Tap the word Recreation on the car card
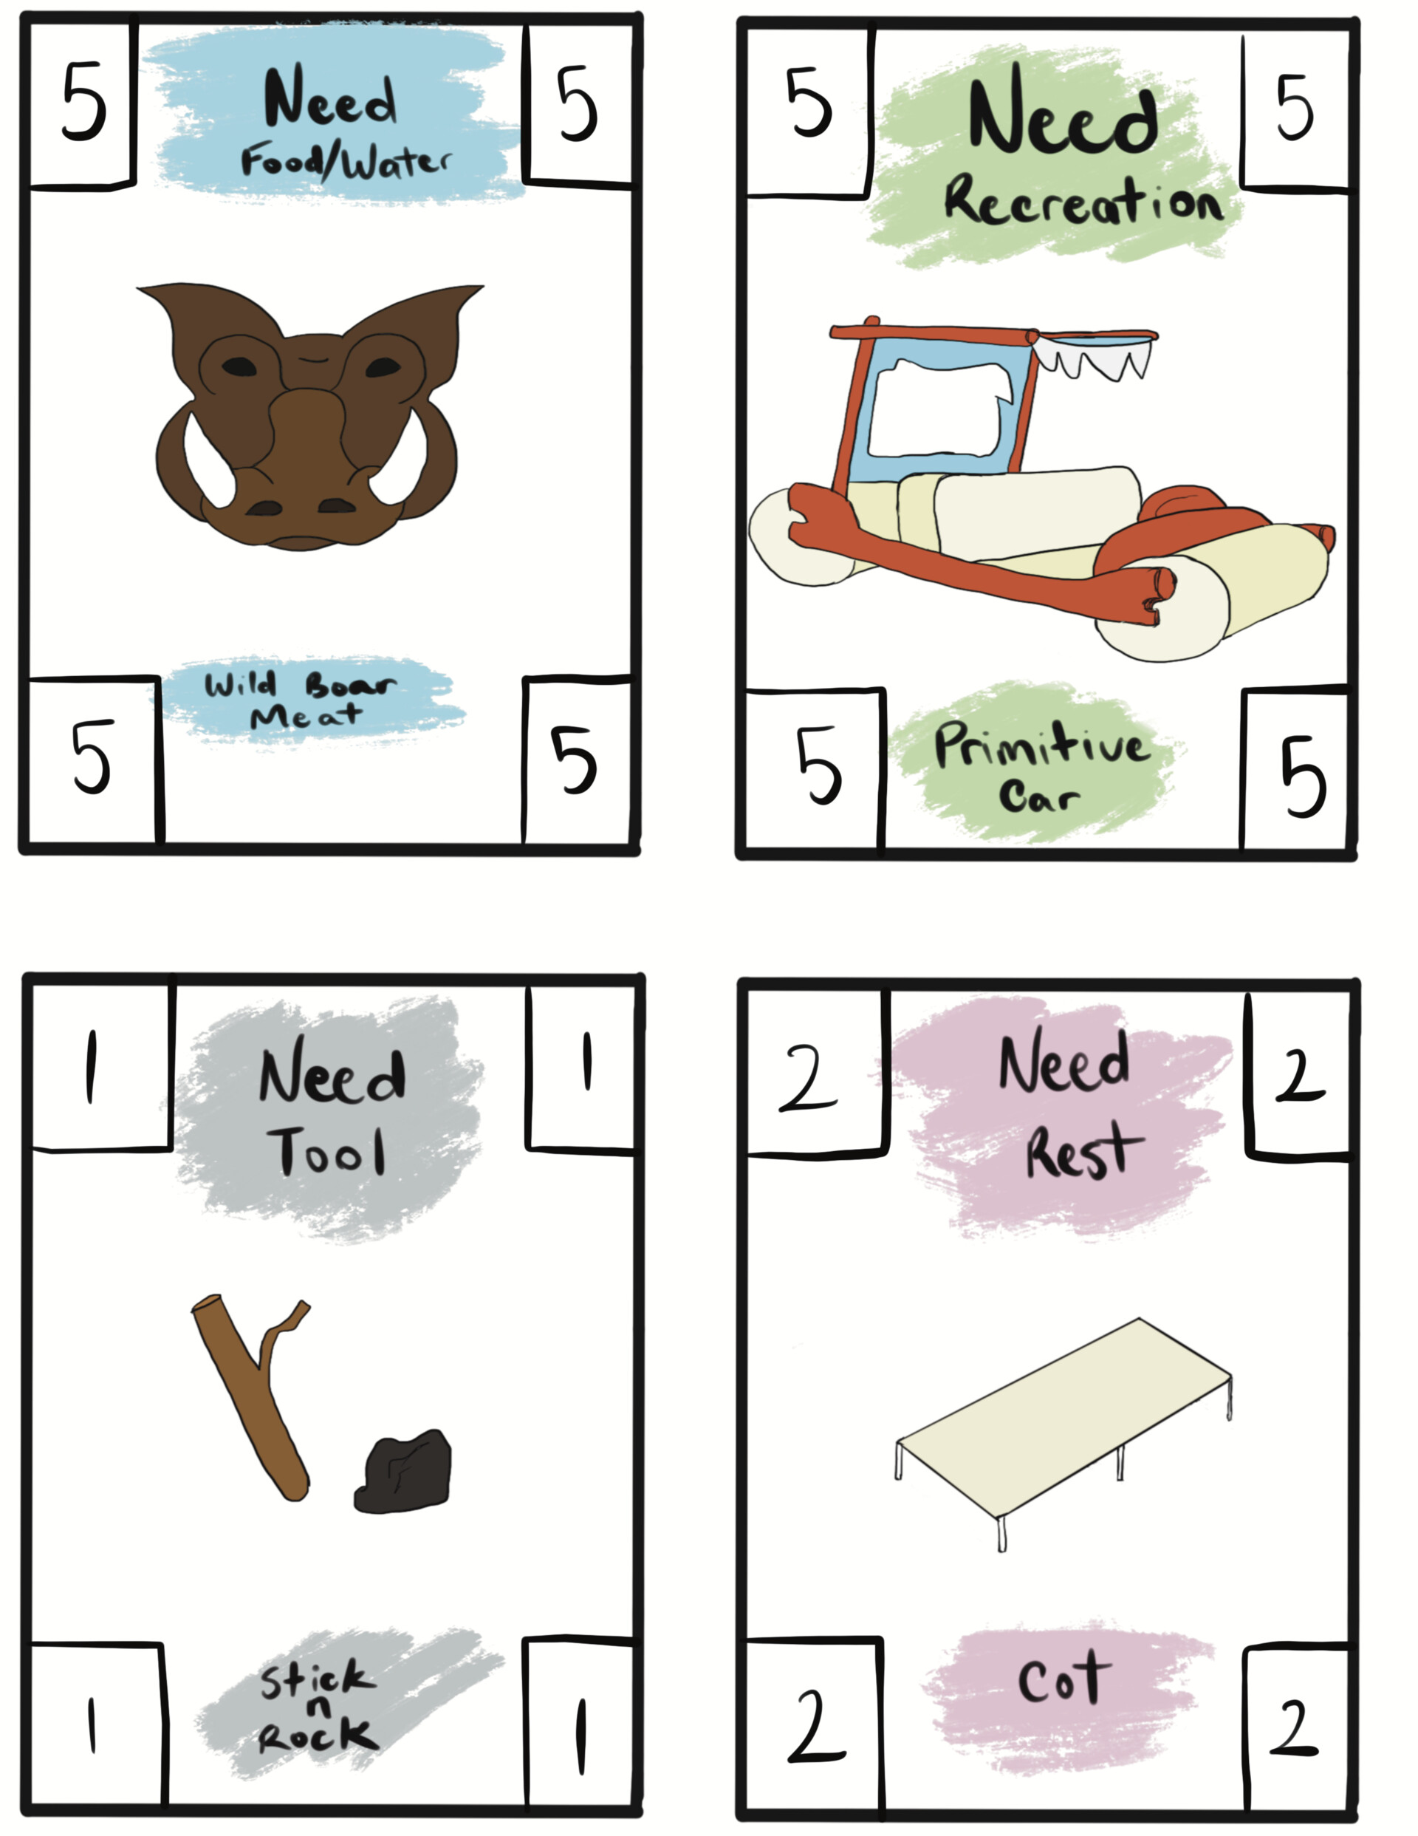pos(1083,201)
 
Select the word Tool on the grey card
pos(327,1150)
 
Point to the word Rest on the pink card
pos(1083,1149)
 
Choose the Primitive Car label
pos(1041,768)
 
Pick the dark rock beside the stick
pos(403,1470)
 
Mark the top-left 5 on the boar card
pos(83,102)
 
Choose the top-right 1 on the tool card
pos(586,1060)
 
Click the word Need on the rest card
pos(1063,1061)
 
